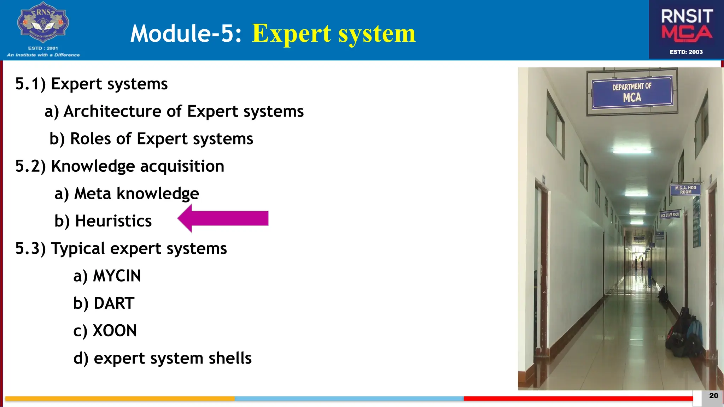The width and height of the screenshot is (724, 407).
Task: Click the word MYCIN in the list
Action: (117, 276)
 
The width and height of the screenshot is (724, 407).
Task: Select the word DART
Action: (114, 303)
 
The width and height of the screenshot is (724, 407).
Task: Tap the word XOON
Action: (115, 331)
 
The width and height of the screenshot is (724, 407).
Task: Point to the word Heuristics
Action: (113, 221)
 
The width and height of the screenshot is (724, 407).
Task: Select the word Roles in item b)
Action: (90, 139)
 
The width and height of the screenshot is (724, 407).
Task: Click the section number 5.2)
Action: (30, 166)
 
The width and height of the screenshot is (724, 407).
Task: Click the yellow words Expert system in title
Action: (333, 34)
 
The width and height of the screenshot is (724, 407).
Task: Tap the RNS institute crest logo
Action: (43, 23)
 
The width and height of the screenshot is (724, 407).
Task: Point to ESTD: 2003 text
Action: (686, 52)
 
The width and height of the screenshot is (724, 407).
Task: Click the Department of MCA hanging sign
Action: (632, 92)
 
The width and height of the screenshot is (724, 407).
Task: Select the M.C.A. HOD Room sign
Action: (685, 190)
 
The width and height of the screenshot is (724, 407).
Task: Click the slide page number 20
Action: (713, 396)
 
